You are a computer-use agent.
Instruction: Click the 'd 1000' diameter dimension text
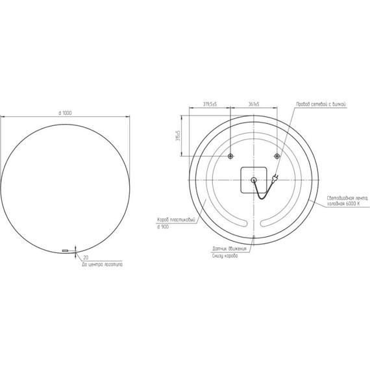(x=65, y=113)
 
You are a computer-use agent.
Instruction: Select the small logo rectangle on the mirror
(x=65, y=249)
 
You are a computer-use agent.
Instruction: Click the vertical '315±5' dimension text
(x=177, y=136)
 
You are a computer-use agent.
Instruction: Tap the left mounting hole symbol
(x=231, y=156)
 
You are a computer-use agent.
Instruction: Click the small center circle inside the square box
(x=253, y=180)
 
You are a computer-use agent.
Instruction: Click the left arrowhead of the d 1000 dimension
(x=3, y=117)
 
